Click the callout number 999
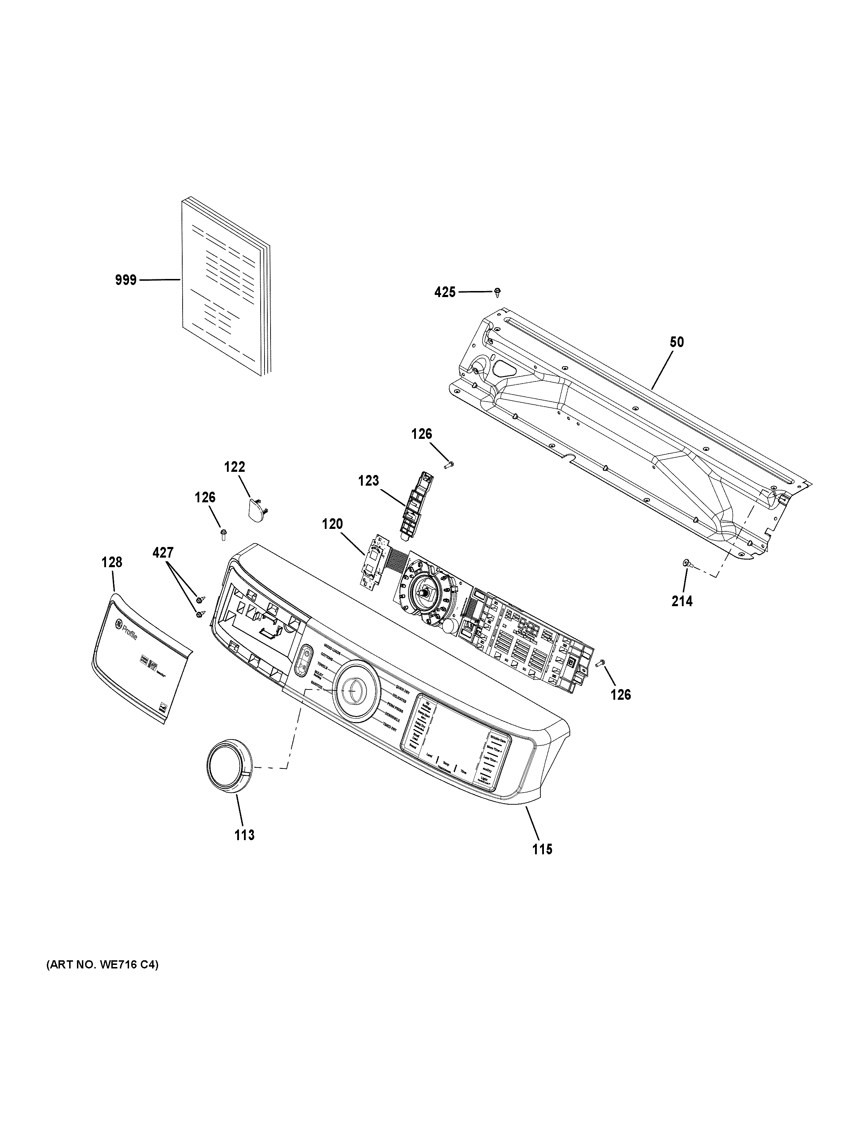[x=125, y=280]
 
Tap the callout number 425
[x=445, y=292]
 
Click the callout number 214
[x=682, y=600]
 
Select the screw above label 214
[x=686, y=564]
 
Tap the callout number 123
[x=368, y=481]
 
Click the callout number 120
[x=332, y=525]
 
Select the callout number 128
[x=112, y=563]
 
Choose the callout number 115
[x=542, y=849]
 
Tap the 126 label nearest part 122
[x=205, y=497]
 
